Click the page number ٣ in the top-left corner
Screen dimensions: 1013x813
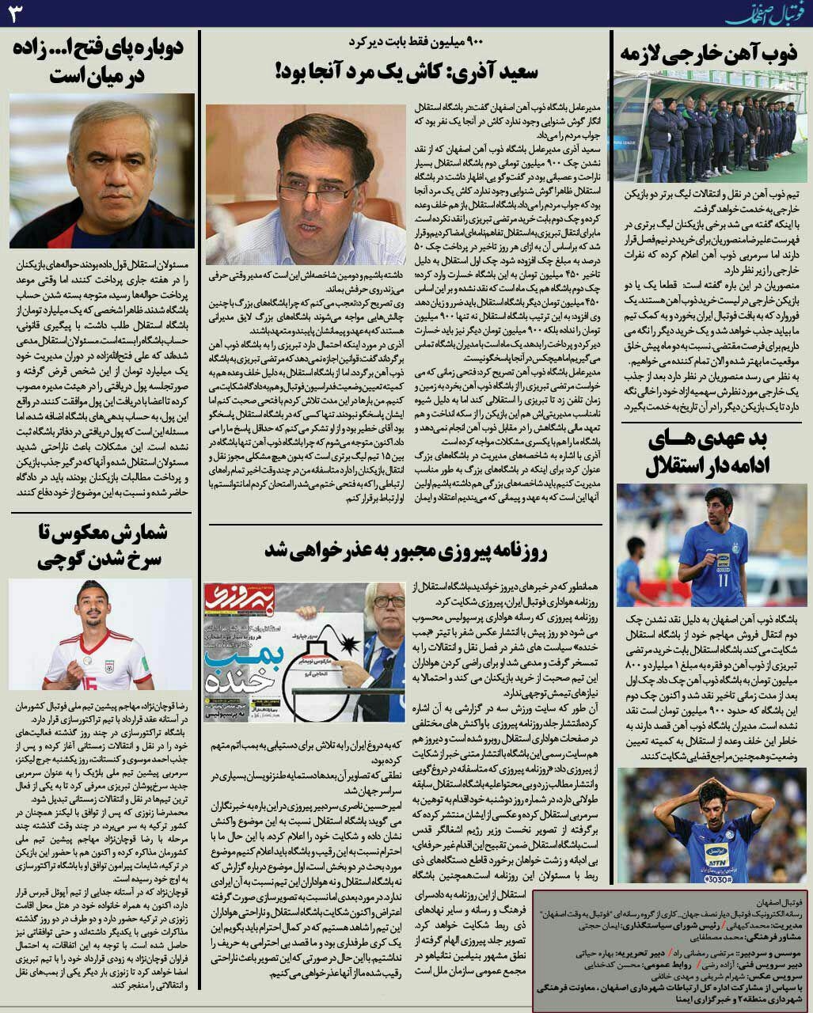[17, 13]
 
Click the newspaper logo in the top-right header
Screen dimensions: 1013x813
[759, 13]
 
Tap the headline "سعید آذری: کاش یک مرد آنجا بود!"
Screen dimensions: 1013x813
[406, 72]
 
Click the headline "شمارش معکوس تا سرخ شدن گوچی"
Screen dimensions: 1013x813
[101, 546]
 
